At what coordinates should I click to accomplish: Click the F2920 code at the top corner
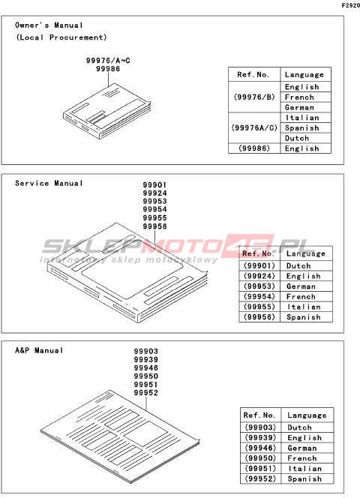(351, 5)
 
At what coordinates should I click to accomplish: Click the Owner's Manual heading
(49, 25)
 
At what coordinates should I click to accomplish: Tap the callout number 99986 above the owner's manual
(108, 69)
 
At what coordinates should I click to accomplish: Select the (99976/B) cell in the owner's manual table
(254, 97)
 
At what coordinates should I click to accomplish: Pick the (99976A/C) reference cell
(254, 127)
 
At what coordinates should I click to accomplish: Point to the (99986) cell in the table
(254, 148)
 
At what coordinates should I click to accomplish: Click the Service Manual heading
(49, 183)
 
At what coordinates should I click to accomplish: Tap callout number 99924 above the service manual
(154, 193)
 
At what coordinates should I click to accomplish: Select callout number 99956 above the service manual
(154, 226)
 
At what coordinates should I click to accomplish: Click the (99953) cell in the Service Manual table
(259, 286)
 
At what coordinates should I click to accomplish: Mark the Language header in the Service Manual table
(306, 253)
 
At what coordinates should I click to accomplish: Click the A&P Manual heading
(39, 350)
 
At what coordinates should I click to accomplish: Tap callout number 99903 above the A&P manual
(145, 351)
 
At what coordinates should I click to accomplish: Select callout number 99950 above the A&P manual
(145, 376)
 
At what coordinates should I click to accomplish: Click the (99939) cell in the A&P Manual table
(260, 438)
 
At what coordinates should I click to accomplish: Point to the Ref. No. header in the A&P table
(259, 415)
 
